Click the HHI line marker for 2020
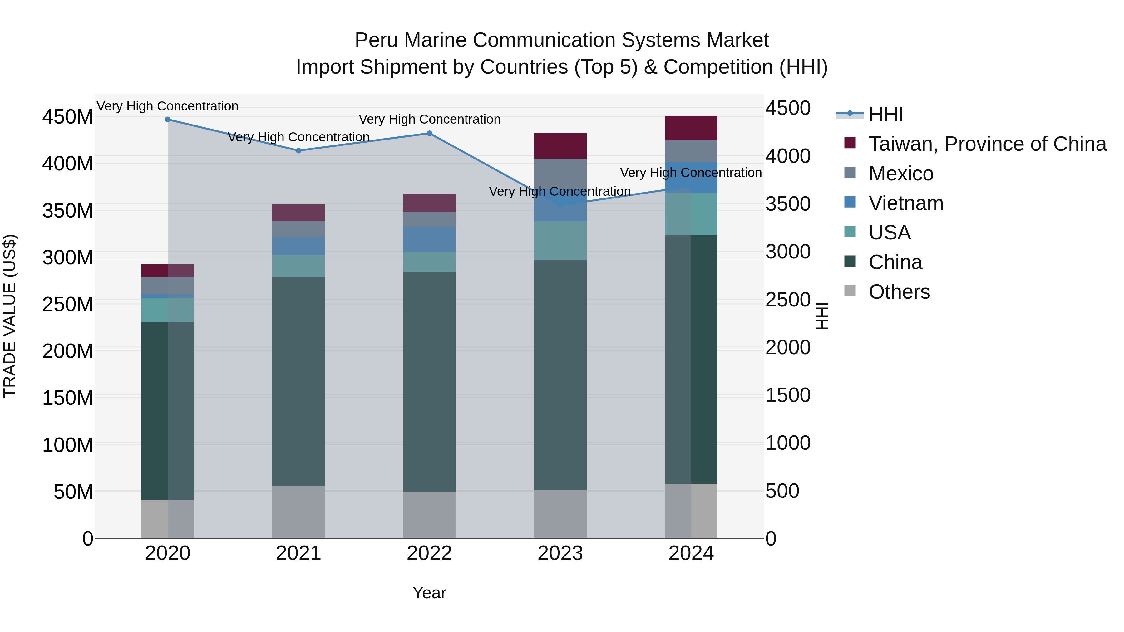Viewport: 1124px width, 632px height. click(x=168, y=120)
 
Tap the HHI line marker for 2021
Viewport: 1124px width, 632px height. click(x=298, y=150)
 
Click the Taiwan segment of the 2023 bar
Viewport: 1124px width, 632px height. click(x=560, y=146)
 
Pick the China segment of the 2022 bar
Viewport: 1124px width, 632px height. click(x=429, y=382)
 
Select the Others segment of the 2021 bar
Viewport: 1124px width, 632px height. click(x=298, y=512)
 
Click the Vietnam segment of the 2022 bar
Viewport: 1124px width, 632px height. click(x=429, y=239)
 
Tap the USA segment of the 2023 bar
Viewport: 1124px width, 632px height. click(x=560, y=241)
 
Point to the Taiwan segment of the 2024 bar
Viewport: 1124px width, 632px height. click(x=691, y=128)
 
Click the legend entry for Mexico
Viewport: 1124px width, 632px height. click(x=900, y=174)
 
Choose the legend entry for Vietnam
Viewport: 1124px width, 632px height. click(x=905, y=203)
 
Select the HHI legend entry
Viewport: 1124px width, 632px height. click(x=886, y=114)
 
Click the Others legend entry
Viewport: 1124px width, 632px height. click(x=899, y=292)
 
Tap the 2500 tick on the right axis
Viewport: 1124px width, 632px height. click(x=788, y=300)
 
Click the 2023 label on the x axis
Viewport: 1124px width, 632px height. click(x=560, y=553)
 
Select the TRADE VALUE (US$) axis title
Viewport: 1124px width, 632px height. click(x=10, y=316)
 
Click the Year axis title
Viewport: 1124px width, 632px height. click(x=429, y=593)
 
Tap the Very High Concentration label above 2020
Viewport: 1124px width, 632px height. click(x=168, y=106)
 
